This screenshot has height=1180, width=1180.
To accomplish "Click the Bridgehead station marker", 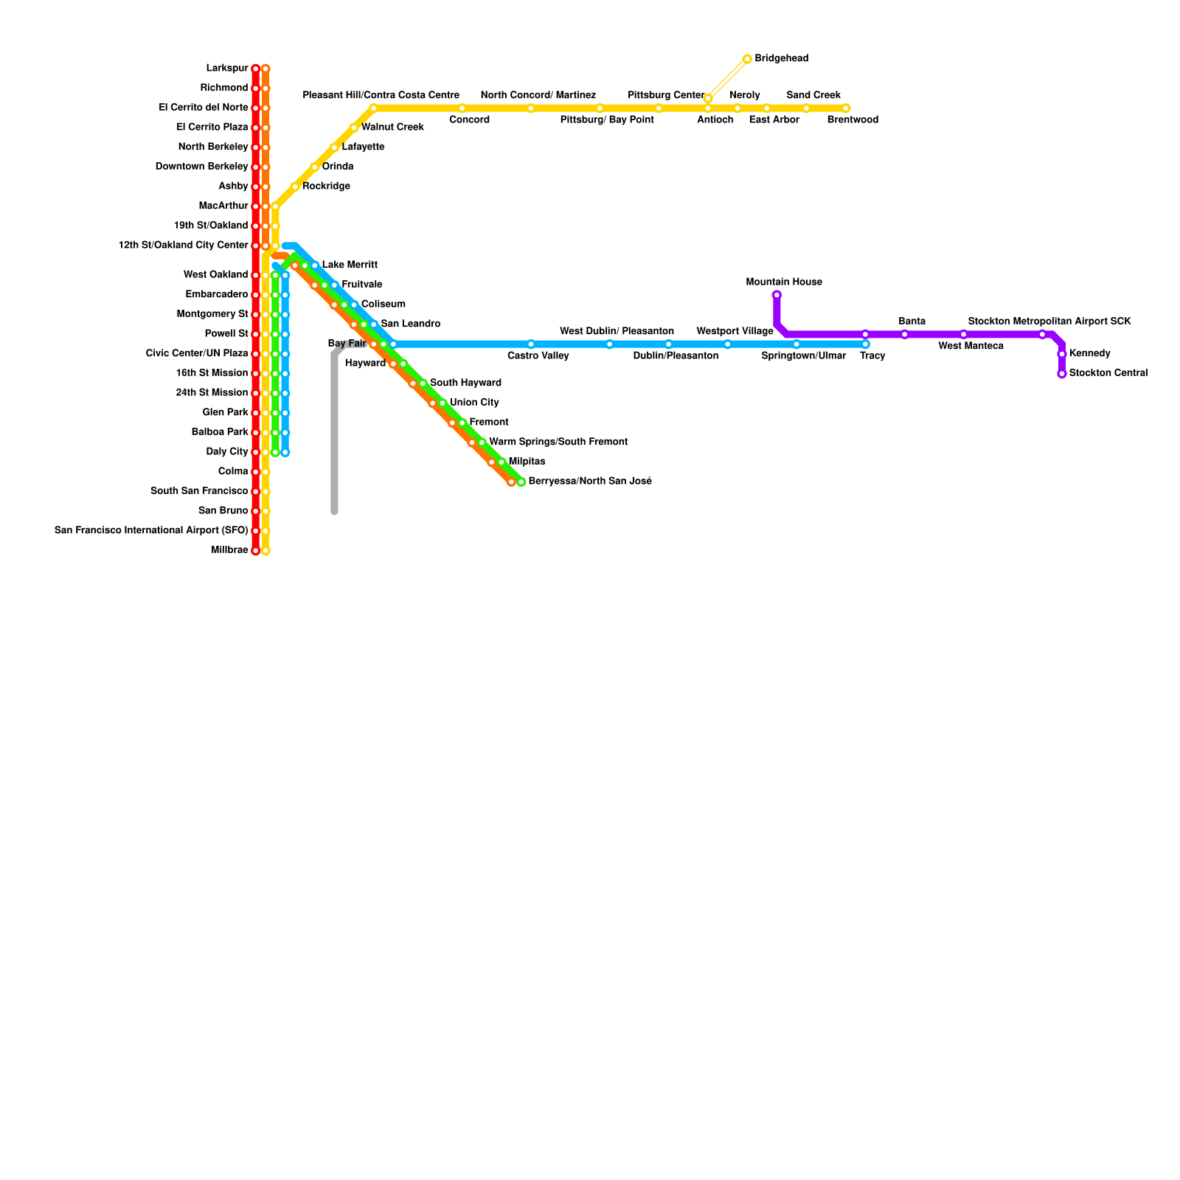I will pos(747,59).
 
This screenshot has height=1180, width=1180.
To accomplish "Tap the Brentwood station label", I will pos(853,120).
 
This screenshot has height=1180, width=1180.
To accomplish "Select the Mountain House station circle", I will pos(777,295).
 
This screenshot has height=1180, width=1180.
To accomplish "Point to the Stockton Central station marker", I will pos(1061,374).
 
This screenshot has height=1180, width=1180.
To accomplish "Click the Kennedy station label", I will pos(1089,354).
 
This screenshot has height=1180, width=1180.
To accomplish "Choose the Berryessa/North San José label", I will pos(590,482).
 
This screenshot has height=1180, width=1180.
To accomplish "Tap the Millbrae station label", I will pos(229,550).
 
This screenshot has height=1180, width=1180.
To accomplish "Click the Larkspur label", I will pos(227,69).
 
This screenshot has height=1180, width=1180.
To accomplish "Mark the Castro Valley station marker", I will pos(531,344).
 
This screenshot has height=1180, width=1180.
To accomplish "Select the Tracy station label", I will pos(872,356).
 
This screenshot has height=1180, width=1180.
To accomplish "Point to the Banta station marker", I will pos(904,334).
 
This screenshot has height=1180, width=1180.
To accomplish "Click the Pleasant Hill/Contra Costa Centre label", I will pos(381,96).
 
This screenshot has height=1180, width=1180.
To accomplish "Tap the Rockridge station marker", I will pos(295,187).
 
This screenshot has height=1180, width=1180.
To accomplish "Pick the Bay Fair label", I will pos(347,344).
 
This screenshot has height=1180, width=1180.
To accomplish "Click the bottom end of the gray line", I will pos(334,510).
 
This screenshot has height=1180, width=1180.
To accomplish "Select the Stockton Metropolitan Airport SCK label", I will pos(1049,322).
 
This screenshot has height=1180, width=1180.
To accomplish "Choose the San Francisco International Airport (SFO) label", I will pos(151,530).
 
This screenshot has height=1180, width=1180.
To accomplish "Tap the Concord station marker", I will pos(462,108).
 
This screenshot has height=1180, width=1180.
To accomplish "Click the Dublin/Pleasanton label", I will pos(676,356).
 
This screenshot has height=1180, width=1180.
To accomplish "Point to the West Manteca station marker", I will pos(963,334).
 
